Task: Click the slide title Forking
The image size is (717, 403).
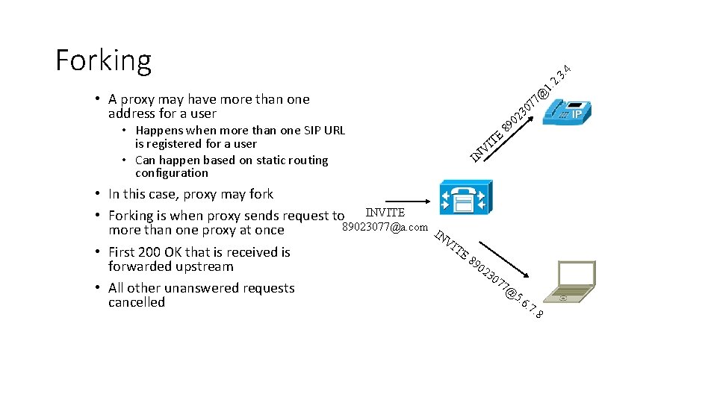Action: pyautogui.click(x=103, y=60)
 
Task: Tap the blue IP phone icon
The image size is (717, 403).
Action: pyautogui.click(x=568, y=110)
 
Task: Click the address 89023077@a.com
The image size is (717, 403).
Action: pyautogui.click(x=385, y=227)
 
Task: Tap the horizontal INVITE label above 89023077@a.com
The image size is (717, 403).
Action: pyautogui.click(x=385, y=213)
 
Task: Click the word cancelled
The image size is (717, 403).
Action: pyautogui.click(x=136, y=302)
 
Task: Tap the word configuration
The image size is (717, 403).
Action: pyautogui.click(x=171, y=173)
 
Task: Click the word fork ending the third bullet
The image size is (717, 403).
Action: pyautogui.click(x=261, y=194)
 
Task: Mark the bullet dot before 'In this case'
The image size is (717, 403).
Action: pyautogui.click(x=98, y=194)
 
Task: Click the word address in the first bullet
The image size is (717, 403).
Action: pyautogui.click(x=134, y=113)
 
